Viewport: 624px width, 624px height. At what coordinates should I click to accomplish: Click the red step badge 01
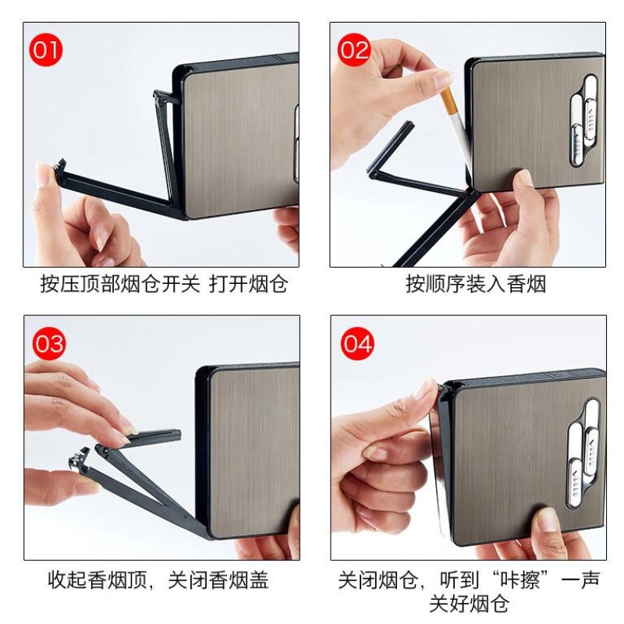(x=45, y=51)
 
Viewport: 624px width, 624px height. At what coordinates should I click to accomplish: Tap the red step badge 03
(x=48, y=344)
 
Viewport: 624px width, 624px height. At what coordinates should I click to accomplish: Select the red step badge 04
(x=356, y=344)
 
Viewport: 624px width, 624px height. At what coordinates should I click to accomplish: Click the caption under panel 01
(x=164, y=284)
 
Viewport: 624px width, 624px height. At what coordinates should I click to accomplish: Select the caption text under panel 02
(x=476, y=284)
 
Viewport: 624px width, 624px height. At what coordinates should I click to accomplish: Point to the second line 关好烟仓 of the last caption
(x=469, y=604)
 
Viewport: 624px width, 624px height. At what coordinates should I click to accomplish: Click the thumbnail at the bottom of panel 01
(x=99, y=239)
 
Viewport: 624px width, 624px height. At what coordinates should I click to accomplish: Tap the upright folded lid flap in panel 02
(x=394, y=148)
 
